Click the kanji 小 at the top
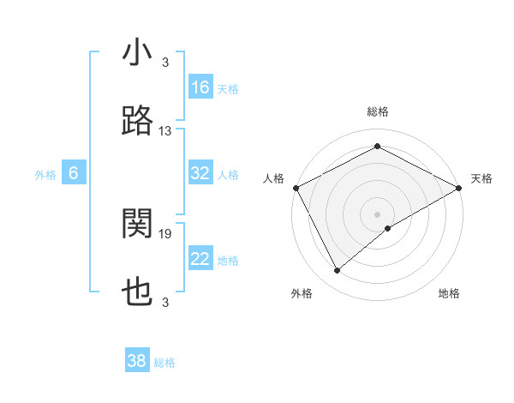[137, 54]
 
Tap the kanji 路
[137, 121]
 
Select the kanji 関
[137, 225]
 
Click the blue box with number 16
[200, 87]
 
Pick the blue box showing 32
[200, 173]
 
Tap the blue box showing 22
[200, 259]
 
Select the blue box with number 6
[74, 173]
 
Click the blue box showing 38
[137, 361]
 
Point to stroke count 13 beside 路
[165, 131]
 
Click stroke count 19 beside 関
[165, 233]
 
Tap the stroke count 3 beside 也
[165, 302]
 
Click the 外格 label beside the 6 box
[45, 175]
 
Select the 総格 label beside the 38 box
[164, 363]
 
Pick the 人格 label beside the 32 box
[228, 175]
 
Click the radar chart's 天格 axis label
[482, 178]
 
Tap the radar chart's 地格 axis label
[449, 293]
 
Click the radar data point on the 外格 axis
[338, 271]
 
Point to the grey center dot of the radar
[377, 214]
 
